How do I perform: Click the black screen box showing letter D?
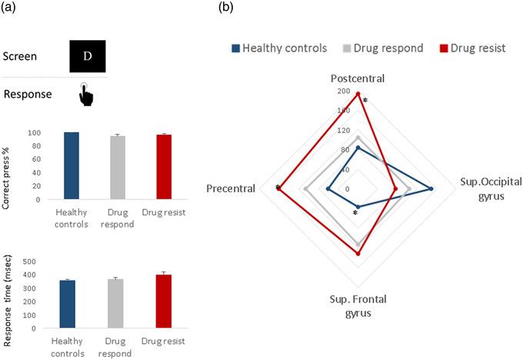[88, 57]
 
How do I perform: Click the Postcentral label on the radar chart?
[358, 78]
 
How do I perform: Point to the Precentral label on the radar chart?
[231, 188]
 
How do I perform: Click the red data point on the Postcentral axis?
[358, 94]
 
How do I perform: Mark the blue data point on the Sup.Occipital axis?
[431, 188]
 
